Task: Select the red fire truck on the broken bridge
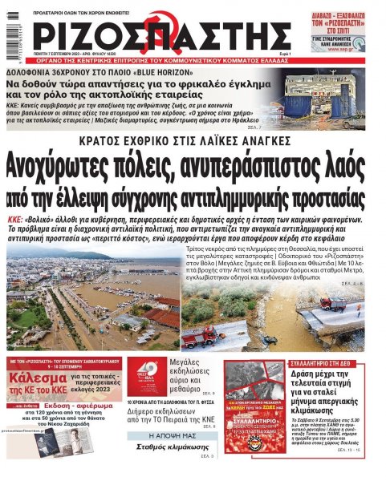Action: tap(331, 305)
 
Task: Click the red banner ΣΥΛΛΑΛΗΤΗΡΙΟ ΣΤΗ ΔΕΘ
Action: tap(329, 363)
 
